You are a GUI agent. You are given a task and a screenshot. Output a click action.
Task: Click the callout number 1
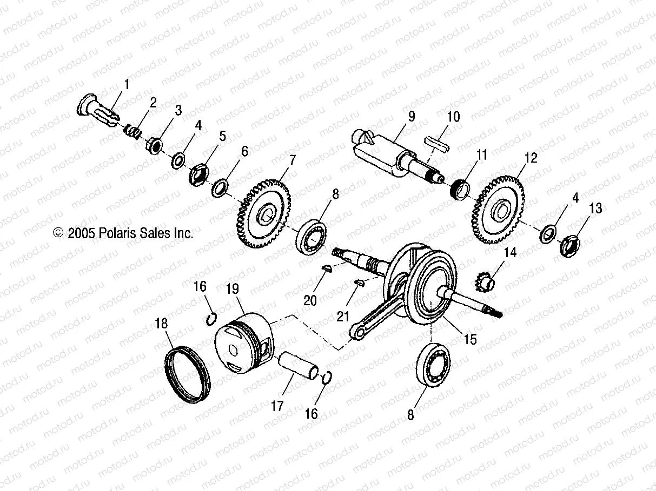pos(127,84)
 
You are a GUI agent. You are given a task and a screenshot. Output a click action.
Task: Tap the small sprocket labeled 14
pos(485,281)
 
